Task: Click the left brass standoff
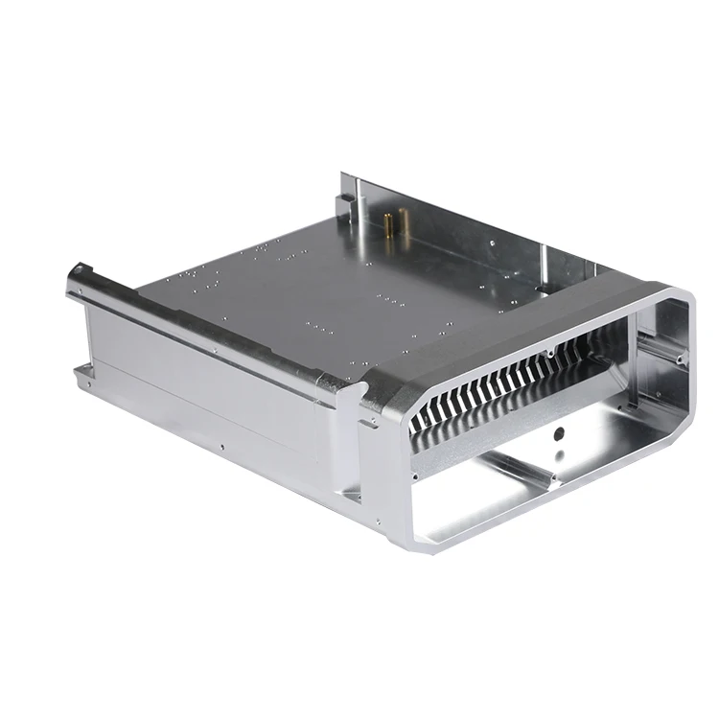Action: click(387, 225)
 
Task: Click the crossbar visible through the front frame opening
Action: click(518, 470)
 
